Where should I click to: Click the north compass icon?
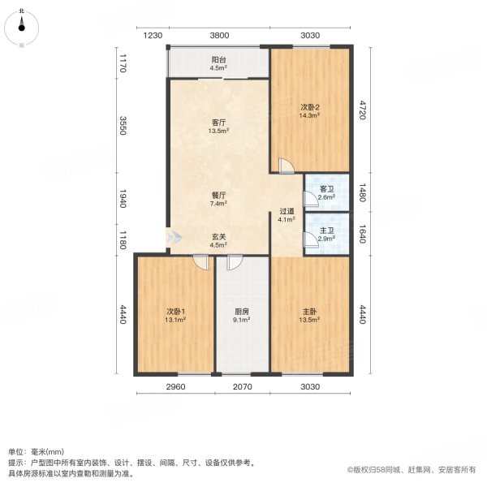[x=22, y=28]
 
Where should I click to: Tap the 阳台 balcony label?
[x=218, y=64]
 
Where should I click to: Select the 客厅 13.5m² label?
[x=218, y=126]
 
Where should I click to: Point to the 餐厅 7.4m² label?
[x=218, y=200]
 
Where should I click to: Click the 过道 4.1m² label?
[x=287, y=214]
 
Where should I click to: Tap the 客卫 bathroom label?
[x=326, y=192]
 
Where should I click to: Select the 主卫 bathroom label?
[x=326, y=234]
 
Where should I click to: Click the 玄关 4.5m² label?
[x=218, y=243]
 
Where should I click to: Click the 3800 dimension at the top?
[x=218, y=35]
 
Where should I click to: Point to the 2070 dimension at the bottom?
[x=242, y=387]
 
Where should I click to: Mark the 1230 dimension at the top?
[x=154, y=35]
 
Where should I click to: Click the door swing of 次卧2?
[x=284, y=166]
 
